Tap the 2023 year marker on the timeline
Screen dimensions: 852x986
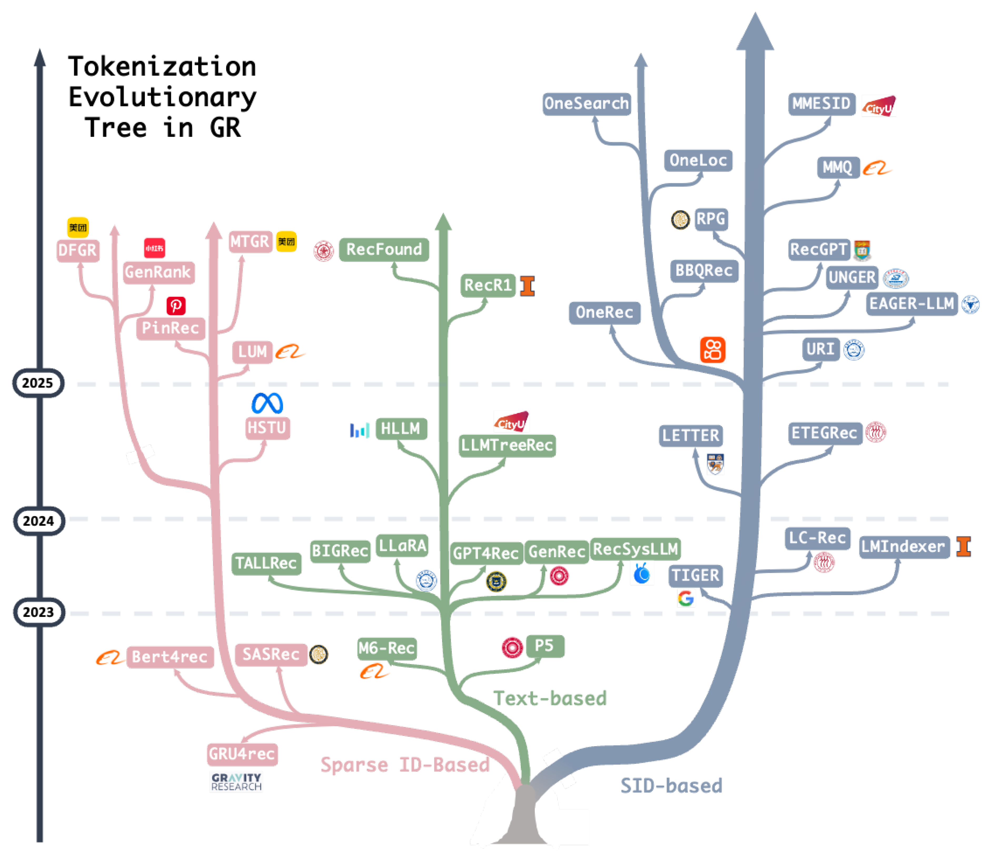pos(38,612)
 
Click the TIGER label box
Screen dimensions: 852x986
pos(695,576)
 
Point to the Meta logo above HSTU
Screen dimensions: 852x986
pos(267,403)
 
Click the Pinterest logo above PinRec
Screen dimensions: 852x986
pos(176,305)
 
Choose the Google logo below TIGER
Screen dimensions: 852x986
pos(685,599)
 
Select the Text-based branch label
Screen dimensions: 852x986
pos(550,698)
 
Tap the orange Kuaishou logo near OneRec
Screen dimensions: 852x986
pos(712,350)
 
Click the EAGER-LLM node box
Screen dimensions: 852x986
pos(911,303)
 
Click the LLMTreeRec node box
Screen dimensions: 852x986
pos(507,445)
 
